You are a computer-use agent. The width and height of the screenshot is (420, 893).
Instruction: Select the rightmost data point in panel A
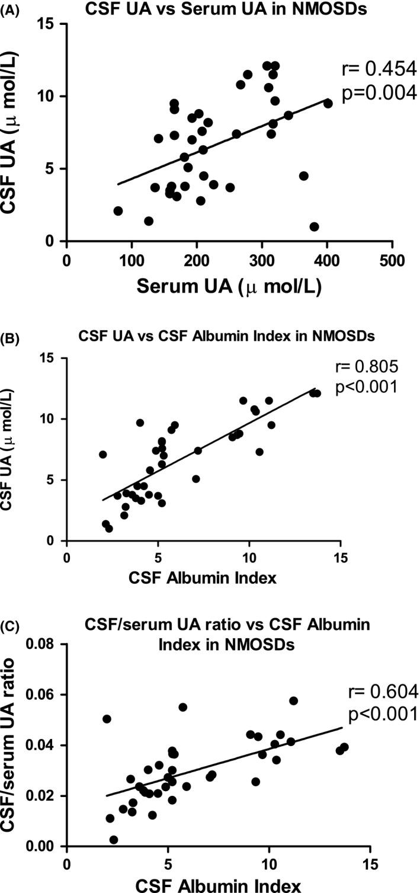(x=328, y=103)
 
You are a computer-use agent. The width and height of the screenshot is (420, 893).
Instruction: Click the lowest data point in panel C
(x=114, y=840)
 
